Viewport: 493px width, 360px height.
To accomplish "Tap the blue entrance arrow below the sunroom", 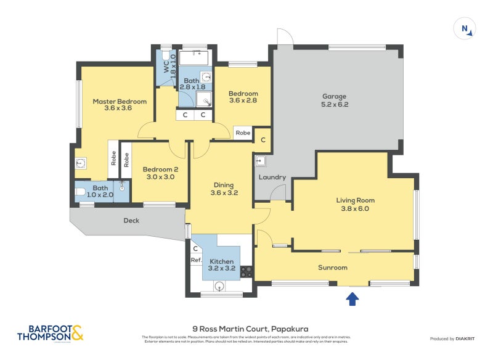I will click(x=352, y=299).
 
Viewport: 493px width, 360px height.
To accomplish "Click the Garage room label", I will click(x=335, y=96).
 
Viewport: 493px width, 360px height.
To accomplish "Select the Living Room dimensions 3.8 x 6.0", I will click(x=355, y=208).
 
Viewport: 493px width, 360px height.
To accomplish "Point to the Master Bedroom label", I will click(x=120, y=101).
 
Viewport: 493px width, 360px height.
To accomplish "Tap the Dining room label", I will click(x=224, y=184).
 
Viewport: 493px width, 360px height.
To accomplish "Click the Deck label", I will click(x=131, y=220).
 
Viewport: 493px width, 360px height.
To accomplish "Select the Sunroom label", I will click(x=333, y=268).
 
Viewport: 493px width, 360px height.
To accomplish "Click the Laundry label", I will click(x=272, y=178).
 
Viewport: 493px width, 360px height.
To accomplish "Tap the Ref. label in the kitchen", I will click(x=196, y=260).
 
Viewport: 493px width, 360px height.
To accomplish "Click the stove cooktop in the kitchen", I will click(x=246, y=271).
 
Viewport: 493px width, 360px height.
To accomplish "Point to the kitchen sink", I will click(x=219, y=285).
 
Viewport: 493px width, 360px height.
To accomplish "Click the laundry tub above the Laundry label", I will click(x=260, y=162).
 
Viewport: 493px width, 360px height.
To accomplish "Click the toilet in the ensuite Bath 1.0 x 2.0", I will click(x=81, y=192).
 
